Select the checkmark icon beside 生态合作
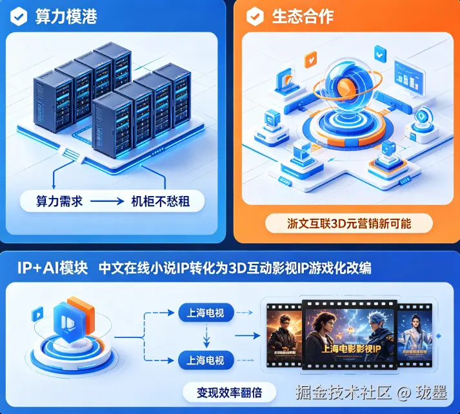(x=256, y=16)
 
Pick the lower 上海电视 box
(x=205, y=360)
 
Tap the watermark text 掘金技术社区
(x=344, y=391)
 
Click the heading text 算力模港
(x=66, y=16)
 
